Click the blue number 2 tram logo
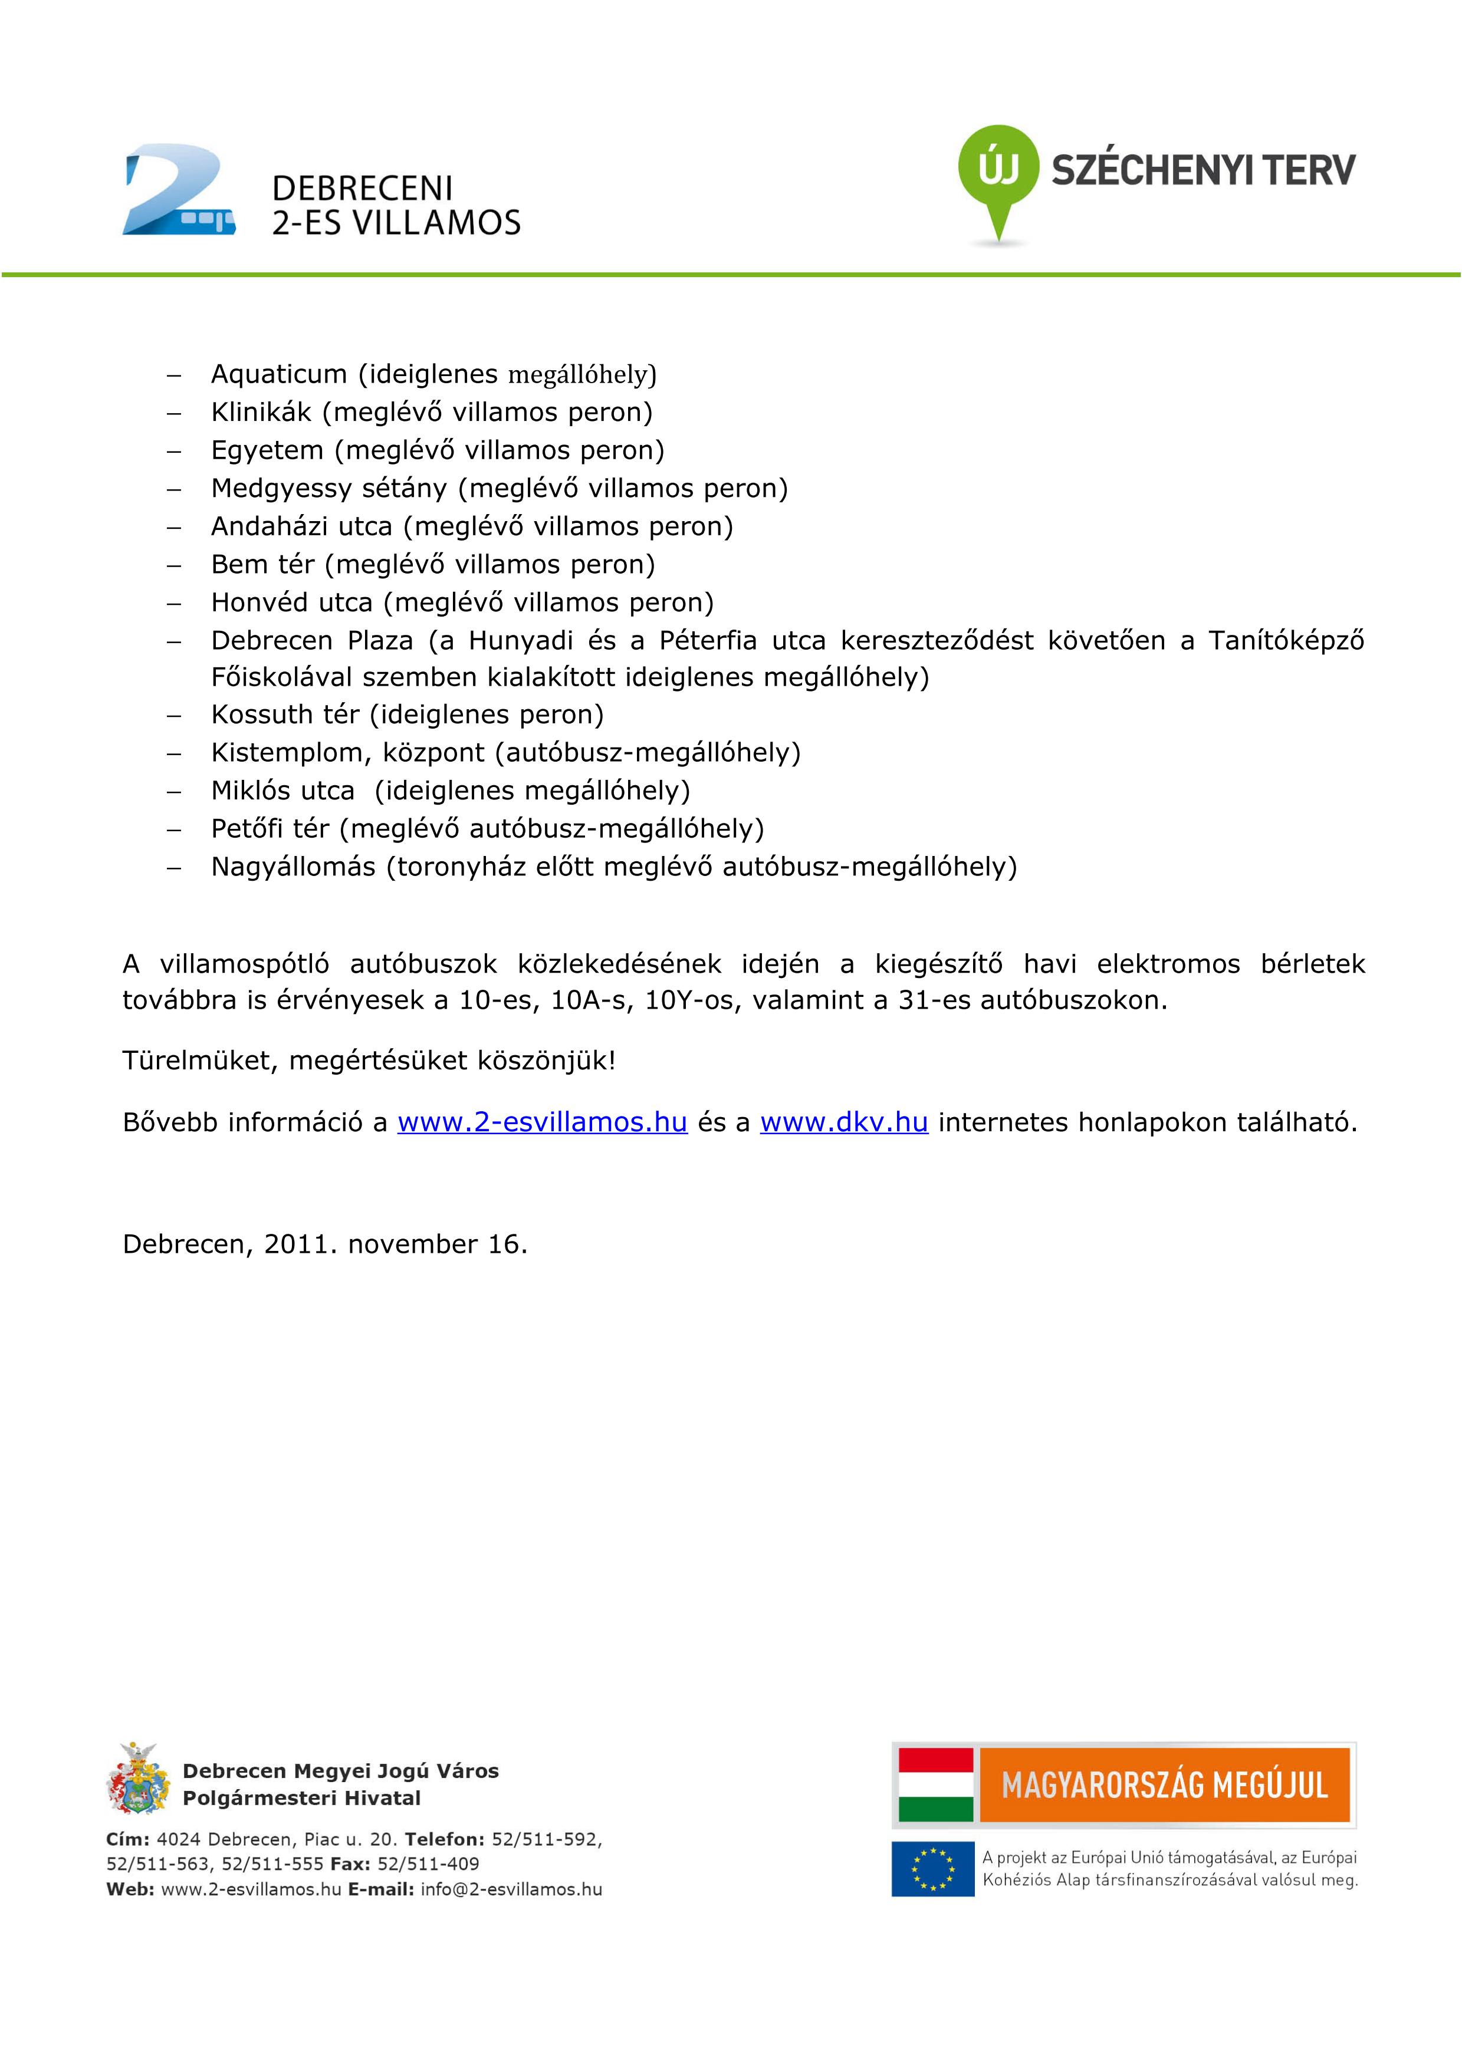(178, 191)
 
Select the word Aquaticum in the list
(278, 374)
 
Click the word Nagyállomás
(293, 867)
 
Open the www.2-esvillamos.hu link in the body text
(543, 1122)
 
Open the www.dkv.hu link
(844, 1122)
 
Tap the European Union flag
(932, 1869)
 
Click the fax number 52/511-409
(428, 1863)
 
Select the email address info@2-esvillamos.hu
(511, 1889)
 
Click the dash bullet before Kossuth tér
(174, 715)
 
